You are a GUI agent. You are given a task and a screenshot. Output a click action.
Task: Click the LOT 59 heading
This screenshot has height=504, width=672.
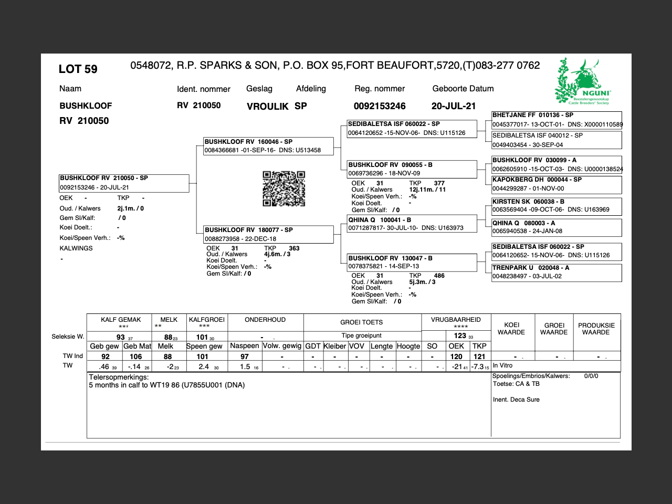[x=78, y=69]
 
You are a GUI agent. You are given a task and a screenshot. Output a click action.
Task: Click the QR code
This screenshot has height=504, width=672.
[x=283, y=188]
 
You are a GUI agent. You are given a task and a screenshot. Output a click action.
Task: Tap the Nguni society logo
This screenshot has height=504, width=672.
[x=583, y=81]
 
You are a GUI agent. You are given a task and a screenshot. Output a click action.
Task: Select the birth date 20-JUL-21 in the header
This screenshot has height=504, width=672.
[x=454, y=106]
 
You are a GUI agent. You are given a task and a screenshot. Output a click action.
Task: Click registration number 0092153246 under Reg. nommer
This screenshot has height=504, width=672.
[x=380, y=106]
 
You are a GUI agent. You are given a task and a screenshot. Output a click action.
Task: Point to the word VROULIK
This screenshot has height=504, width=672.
[x=268, y=107]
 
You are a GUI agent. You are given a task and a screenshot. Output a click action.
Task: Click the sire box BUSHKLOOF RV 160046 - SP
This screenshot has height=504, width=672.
[x=268, y=146]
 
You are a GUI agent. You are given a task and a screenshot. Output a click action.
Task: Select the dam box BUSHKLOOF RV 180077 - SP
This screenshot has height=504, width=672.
[x=268, y=234]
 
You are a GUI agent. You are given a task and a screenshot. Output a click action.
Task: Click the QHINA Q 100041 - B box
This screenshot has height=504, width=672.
[x=412, y=224]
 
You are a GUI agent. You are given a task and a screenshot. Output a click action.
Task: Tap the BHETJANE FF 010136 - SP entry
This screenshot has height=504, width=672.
[x=556, y=120]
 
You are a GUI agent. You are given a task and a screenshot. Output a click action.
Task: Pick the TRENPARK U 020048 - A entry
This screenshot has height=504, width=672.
[x=556, y=272]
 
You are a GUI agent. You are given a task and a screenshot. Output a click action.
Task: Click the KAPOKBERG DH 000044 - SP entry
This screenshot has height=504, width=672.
[x=556, y=184]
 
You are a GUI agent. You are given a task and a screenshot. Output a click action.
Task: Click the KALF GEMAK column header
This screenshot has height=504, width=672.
[x=121, y=320]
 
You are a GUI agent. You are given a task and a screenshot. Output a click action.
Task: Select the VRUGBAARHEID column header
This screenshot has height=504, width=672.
[x=456, y=320]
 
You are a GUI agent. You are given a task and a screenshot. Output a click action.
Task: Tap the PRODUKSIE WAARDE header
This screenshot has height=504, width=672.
[x=596, y=329]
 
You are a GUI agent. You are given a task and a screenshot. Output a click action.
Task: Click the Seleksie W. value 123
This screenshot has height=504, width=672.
[x=460, y=336]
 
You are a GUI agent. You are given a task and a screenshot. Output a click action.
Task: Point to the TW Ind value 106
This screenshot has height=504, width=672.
[x=136, y=356]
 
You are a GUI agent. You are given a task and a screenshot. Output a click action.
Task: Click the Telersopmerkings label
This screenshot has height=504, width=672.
[x=119, y=377]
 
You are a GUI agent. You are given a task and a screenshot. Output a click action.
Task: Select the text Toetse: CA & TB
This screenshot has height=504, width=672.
[x=516, y=384]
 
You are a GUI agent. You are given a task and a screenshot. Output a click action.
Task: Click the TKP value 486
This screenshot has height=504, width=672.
[x=439, y=276]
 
